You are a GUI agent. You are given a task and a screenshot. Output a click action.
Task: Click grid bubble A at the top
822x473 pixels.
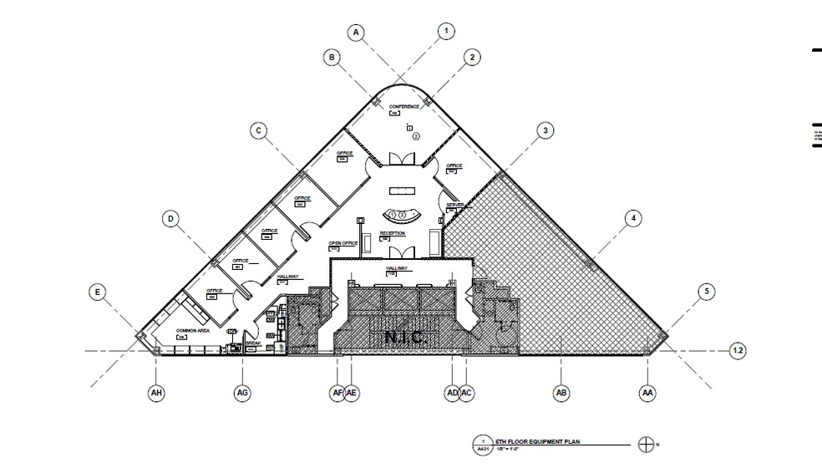(x=357, y=33)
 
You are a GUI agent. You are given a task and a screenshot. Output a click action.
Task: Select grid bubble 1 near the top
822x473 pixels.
(x=445, y=32)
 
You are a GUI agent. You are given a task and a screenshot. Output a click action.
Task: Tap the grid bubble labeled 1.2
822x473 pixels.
(x=738, y=351)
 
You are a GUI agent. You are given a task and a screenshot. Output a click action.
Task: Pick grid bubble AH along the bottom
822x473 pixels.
(x=155, y=392)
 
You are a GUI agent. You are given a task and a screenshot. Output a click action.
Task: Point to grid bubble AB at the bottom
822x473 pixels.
(x=561, y=392)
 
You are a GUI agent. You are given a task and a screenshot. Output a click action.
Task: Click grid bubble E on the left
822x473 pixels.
(x=98, y=292)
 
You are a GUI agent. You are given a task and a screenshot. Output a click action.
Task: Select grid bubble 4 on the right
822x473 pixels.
(x=633, y=219)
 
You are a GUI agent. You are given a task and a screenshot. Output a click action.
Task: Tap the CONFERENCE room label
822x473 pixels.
(x=403, y=107)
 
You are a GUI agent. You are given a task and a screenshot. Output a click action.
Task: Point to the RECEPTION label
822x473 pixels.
(x=393, y=233)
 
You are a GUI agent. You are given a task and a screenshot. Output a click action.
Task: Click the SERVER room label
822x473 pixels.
(x=455, y=205)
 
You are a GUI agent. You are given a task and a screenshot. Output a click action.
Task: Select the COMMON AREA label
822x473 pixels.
(x=191, y=331)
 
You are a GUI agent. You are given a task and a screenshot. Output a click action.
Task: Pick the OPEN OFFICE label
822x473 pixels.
(x=343, y=242)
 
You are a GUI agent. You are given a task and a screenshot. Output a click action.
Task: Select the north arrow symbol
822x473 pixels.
(x=645, y=445)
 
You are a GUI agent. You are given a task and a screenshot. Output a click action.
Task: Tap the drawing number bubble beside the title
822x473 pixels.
(x=481, y=445)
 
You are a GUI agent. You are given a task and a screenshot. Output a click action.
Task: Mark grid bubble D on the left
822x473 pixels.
(x=170, y=219)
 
